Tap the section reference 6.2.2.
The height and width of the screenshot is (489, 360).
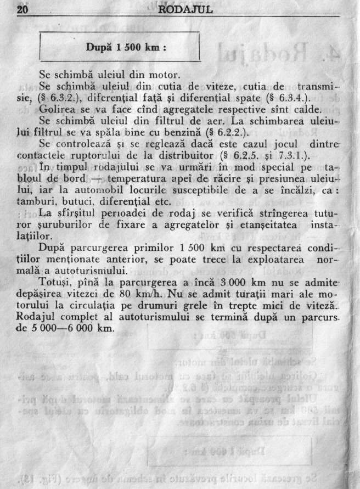tap(219, 131)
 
